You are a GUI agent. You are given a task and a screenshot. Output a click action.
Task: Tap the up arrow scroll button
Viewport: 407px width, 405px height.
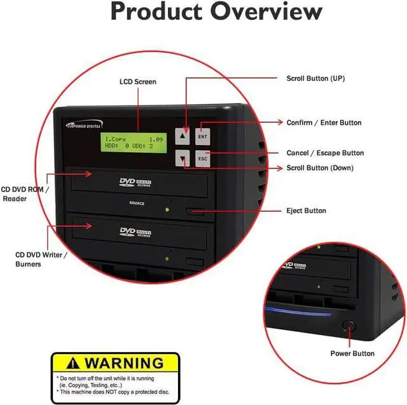click(183, 135)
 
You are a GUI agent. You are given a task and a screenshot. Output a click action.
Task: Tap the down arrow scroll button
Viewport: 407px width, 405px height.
click(183, 160)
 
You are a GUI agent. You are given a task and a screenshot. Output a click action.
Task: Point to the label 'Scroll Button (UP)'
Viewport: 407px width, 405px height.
click(316, 78)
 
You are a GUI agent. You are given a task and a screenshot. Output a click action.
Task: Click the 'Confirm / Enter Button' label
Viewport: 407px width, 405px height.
click(324, 123)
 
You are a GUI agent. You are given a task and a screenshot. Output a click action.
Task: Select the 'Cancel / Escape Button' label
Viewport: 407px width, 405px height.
click(325, 153)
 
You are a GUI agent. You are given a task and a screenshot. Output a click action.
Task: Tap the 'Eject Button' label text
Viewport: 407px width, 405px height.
click(306, 210)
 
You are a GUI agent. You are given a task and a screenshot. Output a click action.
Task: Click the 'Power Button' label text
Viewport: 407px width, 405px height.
click(352, 354)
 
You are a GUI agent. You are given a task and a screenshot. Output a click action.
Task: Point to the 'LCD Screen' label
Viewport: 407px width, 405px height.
click(138, 82)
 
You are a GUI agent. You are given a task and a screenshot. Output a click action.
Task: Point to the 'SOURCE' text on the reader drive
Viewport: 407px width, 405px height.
click(136, 203)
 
